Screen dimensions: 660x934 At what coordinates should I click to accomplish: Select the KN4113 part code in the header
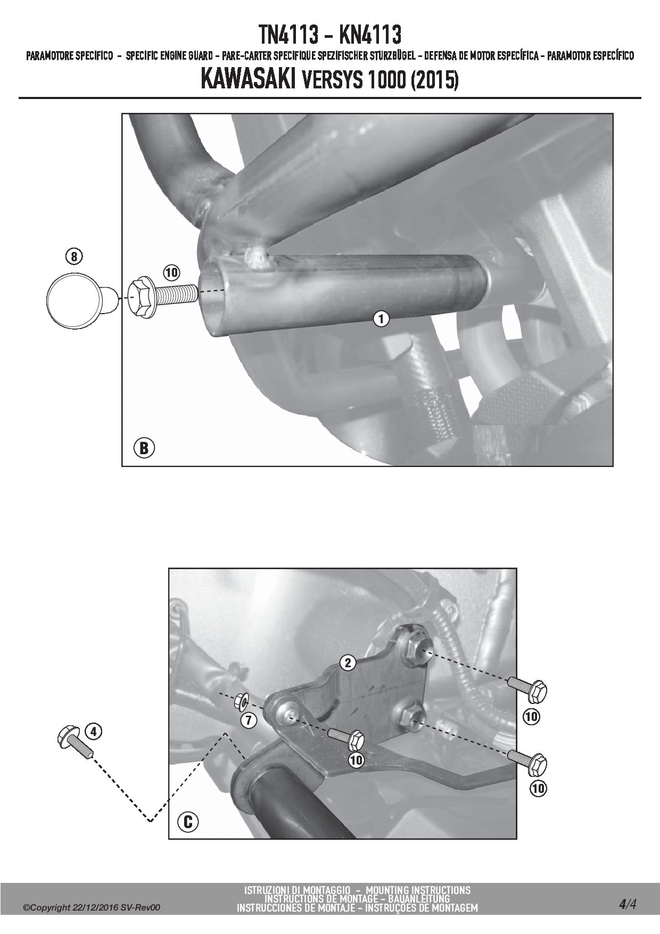(x=370, y=35)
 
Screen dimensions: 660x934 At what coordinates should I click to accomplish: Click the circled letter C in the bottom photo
(x=188, y=822)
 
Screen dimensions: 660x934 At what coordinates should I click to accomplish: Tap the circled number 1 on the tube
(x=381, y=319)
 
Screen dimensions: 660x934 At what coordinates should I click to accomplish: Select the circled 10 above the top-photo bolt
(x=171, y=273)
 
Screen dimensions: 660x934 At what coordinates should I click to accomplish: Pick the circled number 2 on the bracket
(x=348, y=662)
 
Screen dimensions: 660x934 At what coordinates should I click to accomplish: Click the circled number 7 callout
(x=249, y=721)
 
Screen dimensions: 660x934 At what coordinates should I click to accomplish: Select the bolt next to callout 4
(x=75, y=741)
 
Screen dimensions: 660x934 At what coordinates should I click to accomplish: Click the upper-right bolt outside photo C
(x=527, y=690)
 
